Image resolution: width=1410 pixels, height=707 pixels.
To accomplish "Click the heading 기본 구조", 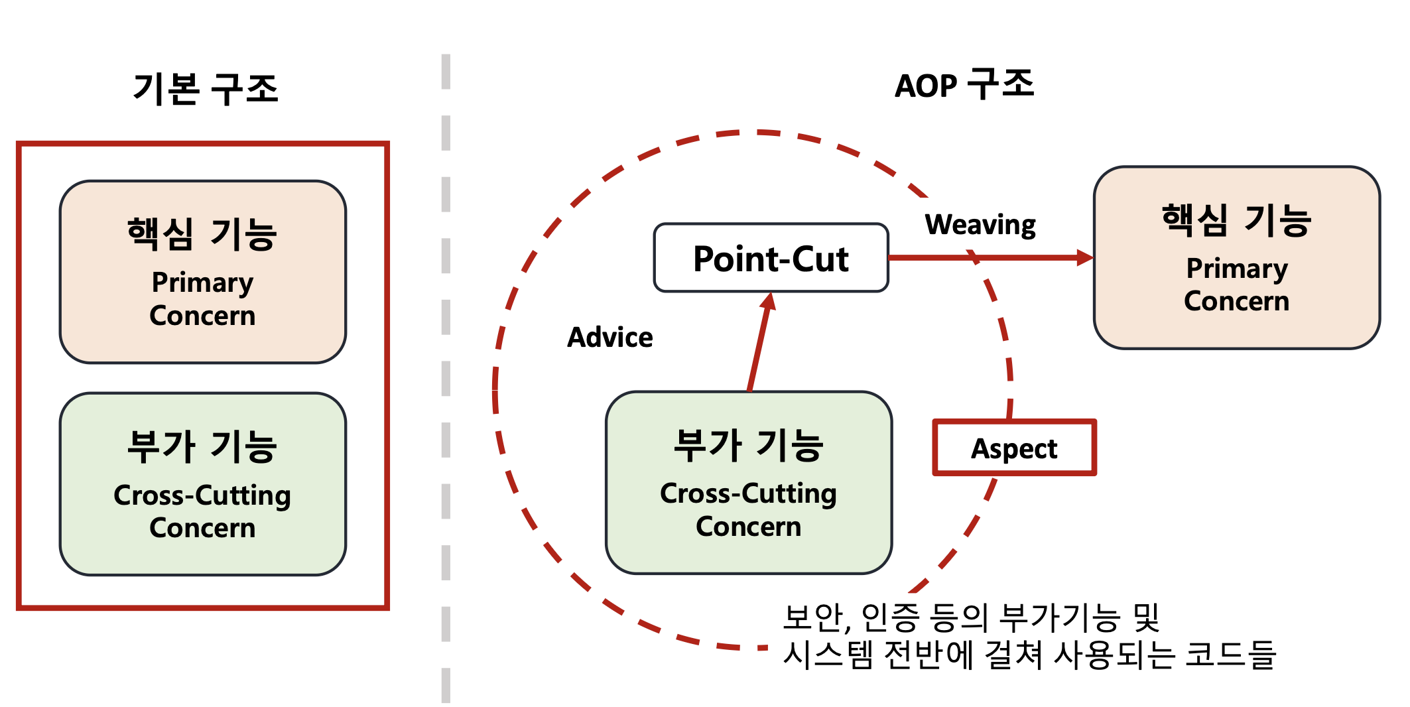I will click(206, 89).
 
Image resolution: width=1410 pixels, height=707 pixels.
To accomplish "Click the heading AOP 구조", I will click(964, 86).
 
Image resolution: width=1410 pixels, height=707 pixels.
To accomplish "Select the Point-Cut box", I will click(771, 258).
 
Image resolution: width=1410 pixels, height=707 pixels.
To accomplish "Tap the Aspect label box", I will click(1014, 448).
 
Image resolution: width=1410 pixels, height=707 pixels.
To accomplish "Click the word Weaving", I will click(980, 225).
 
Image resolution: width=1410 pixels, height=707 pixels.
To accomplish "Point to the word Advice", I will click(609, 338).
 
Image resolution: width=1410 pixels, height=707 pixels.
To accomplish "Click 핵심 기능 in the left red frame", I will click(202, 234).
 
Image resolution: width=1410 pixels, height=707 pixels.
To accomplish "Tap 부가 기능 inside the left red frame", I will click(202, 446).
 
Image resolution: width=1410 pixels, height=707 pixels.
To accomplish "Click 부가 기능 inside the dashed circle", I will click(748, 445).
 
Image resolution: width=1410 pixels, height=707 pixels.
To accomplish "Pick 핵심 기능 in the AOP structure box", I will click(1236, 220).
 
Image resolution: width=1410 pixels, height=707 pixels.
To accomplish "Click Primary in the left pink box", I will click(202, 283).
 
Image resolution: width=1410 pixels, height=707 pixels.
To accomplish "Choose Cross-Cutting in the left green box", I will click(202, 496).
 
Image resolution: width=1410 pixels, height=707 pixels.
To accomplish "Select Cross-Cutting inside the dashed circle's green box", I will click(748, 494).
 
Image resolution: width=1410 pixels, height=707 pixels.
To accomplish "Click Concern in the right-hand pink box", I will click(1236, 301).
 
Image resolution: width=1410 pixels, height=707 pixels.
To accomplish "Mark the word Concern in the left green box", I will click(202, 528).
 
